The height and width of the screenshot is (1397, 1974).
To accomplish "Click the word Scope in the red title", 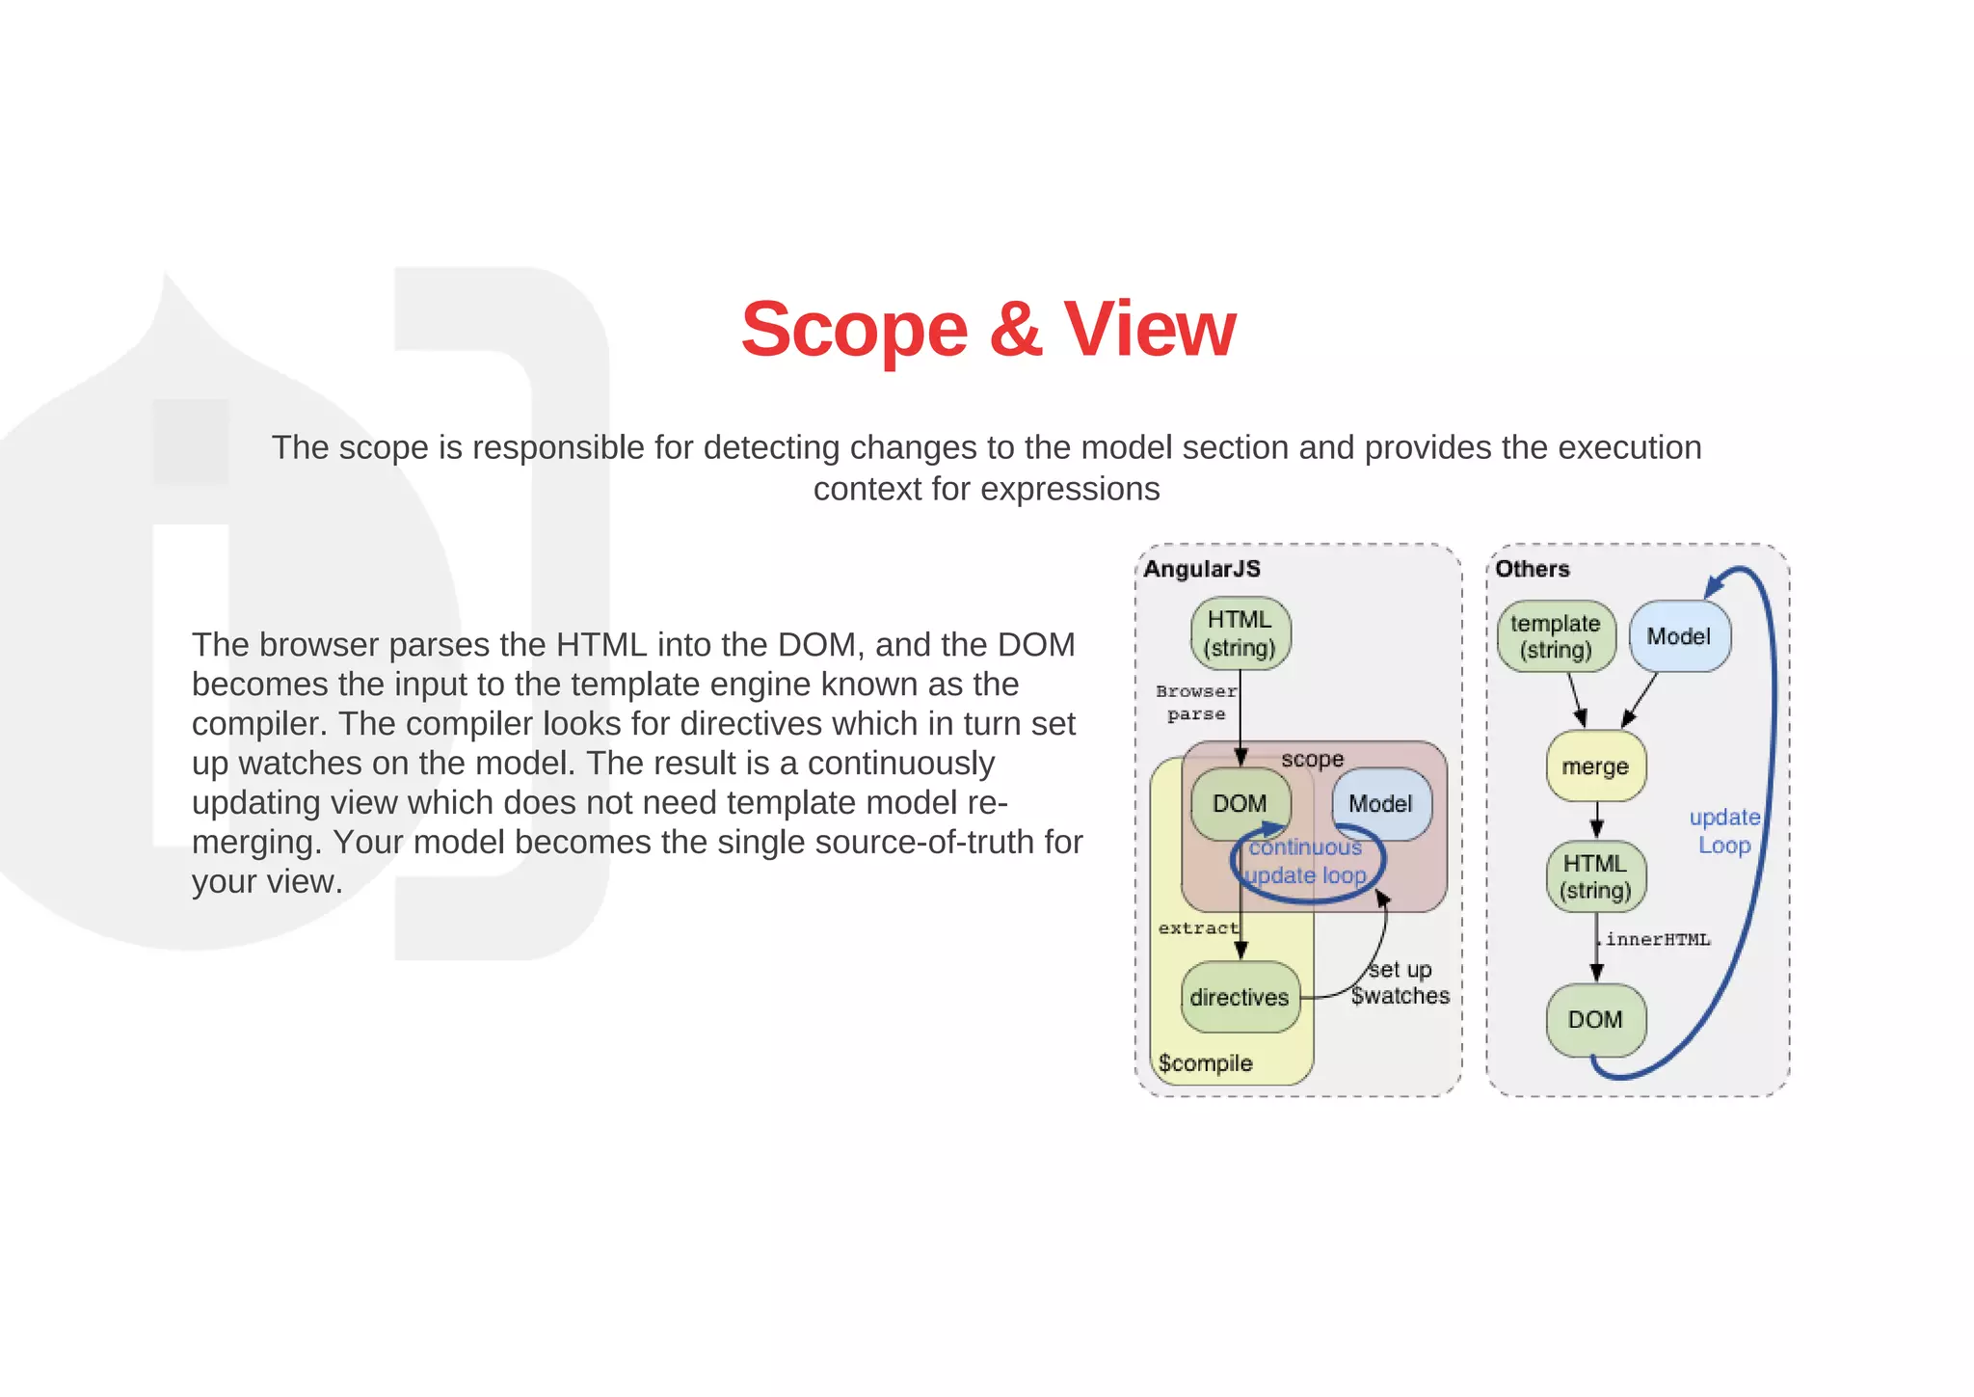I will (x=854, y=330).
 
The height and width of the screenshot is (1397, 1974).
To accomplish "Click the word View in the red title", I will (x=1149, y=330).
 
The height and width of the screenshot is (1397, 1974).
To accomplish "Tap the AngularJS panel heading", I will (x=1202, y=569).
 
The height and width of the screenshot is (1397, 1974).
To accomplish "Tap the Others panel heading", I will (x=1532, y=569).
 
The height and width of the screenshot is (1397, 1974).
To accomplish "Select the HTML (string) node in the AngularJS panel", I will (x=1240, y=633).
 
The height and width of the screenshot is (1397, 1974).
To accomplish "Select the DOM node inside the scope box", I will (x=1240, y=803).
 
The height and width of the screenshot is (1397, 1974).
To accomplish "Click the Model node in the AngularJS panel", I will (x=1380, y=803).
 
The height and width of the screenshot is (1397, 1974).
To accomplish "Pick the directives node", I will (x=1240, y=997).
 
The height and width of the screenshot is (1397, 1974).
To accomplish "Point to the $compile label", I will (x=1206, y=1063).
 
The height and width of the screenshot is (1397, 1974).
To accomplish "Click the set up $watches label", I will (x=1400, y=982).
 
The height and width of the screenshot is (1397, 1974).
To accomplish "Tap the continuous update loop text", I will (x=1306, y=861).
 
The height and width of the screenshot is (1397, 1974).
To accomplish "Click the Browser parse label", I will (x=1196, y=703).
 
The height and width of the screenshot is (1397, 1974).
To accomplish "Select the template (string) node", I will (x=1556, y=636).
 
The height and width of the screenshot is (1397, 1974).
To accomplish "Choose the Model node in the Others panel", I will (x=1679, y=636).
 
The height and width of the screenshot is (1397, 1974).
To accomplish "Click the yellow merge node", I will (x=1595, y=766).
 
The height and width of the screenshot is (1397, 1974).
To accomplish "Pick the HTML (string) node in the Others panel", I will (x=1595, y=876).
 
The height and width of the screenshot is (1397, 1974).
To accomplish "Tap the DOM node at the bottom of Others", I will (x=1595, y=1019).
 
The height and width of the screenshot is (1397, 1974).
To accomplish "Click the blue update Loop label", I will (x=1724, y=831).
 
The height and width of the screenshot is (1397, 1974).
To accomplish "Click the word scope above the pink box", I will (x=1313, y=760).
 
